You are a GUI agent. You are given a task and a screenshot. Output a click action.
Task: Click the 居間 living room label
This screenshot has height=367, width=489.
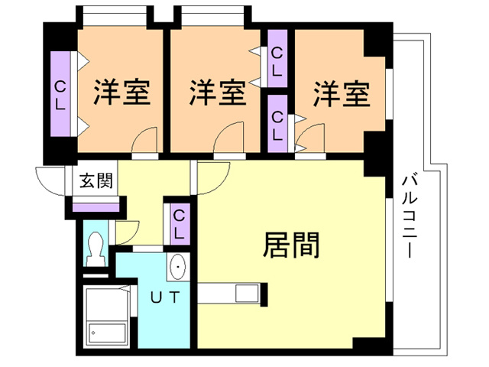click(290, 245)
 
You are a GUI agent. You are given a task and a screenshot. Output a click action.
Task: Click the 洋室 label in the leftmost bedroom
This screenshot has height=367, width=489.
click(121, 93)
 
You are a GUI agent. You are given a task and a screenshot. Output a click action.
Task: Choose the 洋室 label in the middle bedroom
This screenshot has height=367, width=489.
click(217, 93)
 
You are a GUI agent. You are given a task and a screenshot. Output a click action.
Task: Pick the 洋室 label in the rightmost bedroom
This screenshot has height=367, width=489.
click(341, 93)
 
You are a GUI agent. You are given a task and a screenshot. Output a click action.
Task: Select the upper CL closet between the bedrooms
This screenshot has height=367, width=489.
click(278, 60)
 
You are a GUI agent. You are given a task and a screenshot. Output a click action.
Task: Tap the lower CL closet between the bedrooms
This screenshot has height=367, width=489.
click(278, 123)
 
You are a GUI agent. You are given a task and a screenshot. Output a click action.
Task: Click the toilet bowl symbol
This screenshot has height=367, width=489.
click(96, 246)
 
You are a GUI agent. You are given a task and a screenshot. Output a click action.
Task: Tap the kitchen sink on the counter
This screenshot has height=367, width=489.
click(247, 293)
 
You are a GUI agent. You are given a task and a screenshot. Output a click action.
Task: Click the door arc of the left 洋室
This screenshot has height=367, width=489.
click(145, 141)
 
